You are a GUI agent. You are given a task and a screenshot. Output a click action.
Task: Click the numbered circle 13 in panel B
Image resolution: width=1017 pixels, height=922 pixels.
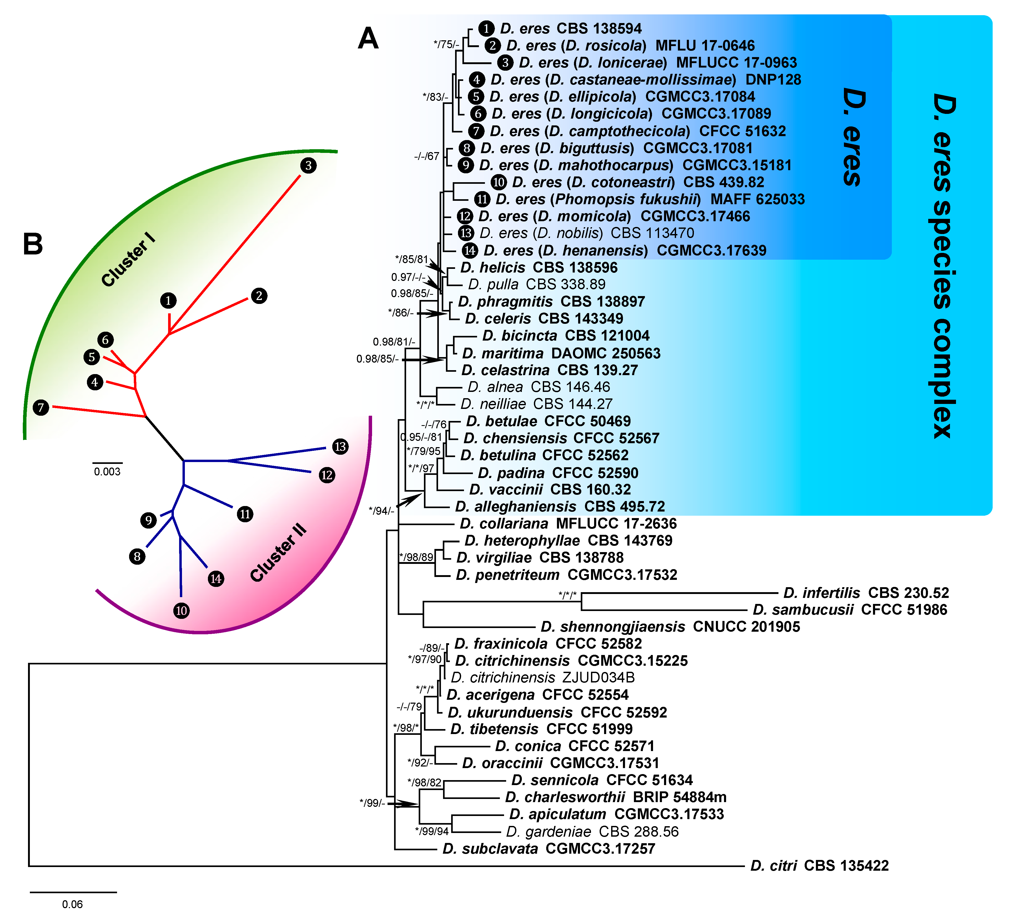point(340,446)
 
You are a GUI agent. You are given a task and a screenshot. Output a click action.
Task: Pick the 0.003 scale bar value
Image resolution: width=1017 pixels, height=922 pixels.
point(107,471)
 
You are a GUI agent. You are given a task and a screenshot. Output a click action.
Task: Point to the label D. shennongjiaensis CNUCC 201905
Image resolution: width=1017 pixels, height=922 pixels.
point(670,627)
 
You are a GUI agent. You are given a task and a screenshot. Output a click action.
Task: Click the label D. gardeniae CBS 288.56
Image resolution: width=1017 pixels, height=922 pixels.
point(592,832)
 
